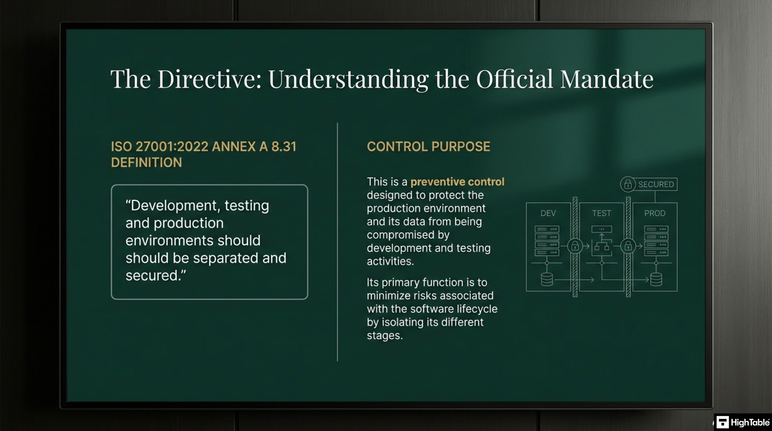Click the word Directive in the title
[x=209, y=79]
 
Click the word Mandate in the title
[x=607, y=79]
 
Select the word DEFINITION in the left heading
[x=146, y=163]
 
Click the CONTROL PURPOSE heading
[x=428, y=146]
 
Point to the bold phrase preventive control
[x=457, y=182]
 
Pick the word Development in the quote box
[x=175, y=206]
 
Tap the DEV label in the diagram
[x=548, y=213]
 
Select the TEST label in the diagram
[x=601, y=213]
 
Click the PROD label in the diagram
[x=655, y=213]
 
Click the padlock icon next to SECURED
[x=628, y=184]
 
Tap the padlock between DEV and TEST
[x=575, y=246]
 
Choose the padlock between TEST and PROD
[x=628, y=246]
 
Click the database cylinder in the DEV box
[x=547, y=279]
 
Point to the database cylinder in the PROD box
[x=656, y=279]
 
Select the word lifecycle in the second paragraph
[x=477, y=309]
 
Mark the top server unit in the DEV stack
[x=547, y=229]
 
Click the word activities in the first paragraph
[x=390, y=261]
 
